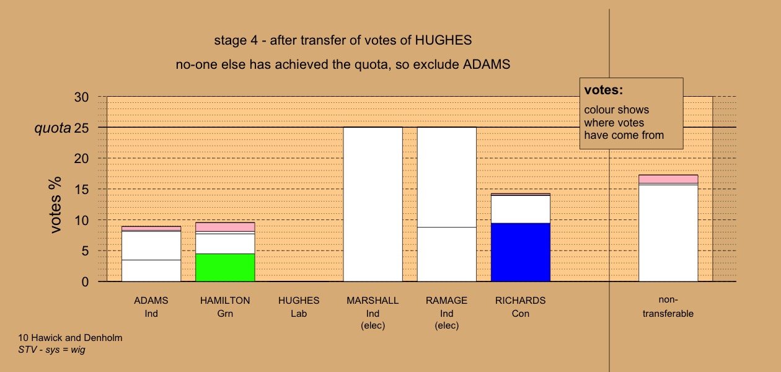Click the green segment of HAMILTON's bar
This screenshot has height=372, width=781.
225,267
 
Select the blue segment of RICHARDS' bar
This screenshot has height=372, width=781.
521,252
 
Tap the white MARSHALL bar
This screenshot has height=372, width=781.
373,205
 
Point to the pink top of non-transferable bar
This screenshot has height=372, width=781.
668,179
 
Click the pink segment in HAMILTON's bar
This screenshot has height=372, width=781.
225,227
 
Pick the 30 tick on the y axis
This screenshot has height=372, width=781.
81,97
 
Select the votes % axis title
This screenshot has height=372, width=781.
55,205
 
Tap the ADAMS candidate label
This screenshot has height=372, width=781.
151,301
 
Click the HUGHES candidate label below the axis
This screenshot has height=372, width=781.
299,301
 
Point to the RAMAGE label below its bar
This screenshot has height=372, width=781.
446,301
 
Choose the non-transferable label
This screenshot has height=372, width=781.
668,307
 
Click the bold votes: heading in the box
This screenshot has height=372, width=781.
604,90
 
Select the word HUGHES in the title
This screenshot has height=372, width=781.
443,40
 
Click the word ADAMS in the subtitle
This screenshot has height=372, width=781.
487,64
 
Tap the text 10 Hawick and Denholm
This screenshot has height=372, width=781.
70,338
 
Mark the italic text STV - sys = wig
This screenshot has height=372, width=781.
51,350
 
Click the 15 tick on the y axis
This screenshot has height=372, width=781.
81,190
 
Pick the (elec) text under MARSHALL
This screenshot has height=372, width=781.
373,325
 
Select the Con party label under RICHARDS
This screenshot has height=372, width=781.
521,314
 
